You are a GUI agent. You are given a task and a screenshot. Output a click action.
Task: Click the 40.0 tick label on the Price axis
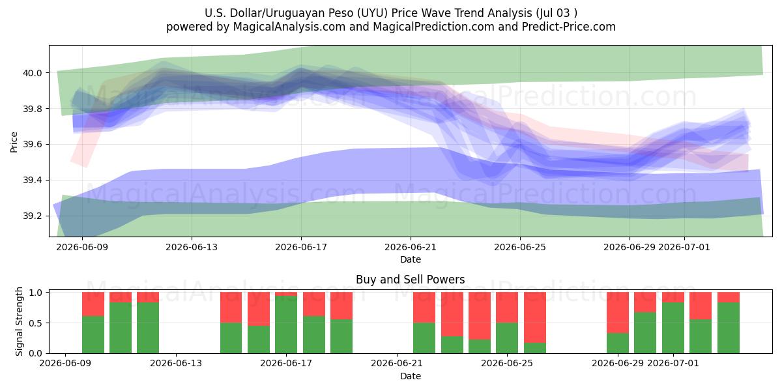click(x=32, y=73)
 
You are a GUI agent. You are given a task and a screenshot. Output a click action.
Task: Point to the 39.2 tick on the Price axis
click(x=32, y=216)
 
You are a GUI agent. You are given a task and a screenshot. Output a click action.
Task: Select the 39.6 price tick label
click(x=32, y=145)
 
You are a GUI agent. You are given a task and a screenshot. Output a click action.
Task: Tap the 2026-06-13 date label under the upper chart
click(x=192, y=247)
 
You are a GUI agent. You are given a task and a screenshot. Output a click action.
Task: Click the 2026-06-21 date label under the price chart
click(x=411, y=247)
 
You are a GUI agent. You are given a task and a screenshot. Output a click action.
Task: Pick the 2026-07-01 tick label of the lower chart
click(x=673, y=363)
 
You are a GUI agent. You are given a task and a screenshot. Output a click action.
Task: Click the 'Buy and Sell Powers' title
click(x=410, y=280)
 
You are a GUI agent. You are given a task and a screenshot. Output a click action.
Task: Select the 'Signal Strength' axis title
click(x=19, y=321)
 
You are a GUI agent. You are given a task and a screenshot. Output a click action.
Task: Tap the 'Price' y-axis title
click(x=14, y=142)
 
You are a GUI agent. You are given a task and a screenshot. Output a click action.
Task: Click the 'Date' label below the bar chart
click(x=411, y=376)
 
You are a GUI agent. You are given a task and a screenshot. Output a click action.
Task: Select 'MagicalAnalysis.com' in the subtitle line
click(x=289, y=27)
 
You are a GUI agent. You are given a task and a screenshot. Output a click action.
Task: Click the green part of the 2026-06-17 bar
click(x=286, y=325)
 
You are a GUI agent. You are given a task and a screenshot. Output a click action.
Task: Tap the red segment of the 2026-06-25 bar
click(x=535, y=317)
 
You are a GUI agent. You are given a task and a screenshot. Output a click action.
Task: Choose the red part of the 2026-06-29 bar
click(x=618, y=312)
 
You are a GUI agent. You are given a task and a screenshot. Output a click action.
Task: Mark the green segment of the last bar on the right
click(x=729, y=328)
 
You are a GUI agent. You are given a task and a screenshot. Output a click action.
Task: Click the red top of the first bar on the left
click(x=93, y=304)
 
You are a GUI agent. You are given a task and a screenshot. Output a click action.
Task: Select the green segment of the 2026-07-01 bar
click(x=673, y=328)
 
